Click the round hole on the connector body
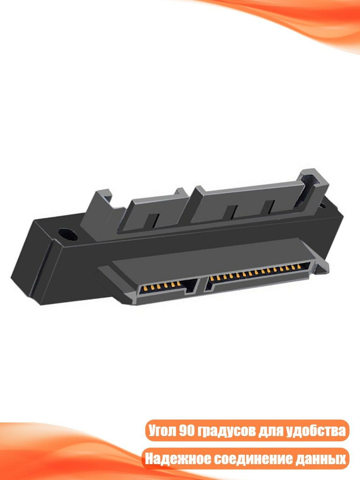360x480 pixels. (x=68, y=234)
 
